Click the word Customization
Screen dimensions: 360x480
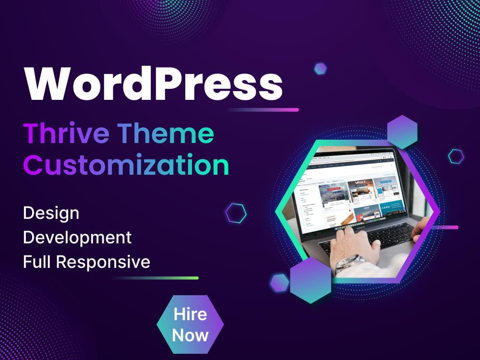126,165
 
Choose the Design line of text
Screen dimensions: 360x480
51,213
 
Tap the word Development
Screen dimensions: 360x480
77,238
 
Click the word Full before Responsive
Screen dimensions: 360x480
37,262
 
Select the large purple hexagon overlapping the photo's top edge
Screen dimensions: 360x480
402,132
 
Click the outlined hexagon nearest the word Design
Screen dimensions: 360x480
236,213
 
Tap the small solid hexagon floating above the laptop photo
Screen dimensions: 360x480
321,69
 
